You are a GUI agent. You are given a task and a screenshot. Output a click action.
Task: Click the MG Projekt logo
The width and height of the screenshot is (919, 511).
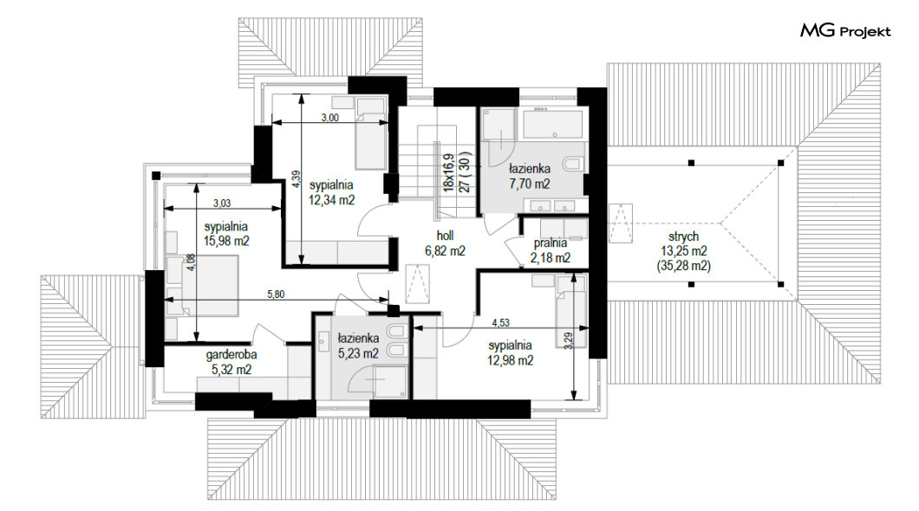point(845,29)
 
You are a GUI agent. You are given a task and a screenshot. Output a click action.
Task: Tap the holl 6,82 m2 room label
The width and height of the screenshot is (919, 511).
point(445,243)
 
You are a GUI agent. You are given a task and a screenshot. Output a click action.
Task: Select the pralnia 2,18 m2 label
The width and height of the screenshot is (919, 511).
point(551,250)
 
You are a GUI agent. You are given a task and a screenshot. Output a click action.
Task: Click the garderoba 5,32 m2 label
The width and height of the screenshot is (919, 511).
point(231,362)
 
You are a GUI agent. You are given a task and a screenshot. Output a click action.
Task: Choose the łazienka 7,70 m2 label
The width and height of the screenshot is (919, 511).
point(529,176)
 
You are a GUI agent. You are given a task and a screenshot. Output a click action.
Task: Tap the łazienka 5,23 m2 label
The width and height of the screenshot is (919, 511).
point(358,346)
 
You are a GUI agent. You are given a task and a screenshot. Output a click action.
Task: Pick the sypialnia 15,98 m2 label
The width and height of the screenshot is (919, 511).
point(225,234)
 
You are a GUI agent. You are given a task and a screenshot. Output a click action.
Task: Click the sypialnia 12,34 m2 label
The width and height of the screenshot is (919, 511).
point(331,192)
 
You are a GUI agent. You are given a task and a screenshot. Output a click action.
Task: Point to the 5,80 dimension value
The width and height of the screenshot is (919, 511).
point(276,294)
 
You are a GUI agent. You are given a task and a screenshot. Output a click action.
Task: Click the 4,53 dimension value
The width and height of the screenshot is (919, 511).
point(500,322)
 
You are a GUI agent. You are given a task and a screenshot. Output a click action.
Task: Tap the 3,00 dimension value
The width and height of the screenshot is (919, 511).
point(330,117)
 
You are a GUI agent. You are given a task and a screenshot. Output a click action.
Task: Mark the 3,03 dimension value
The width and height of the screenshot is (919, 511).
point(222,204)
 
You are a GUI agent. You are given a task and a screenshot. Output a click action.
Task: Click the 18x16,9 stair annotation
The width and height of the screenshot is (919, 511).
point(449,172)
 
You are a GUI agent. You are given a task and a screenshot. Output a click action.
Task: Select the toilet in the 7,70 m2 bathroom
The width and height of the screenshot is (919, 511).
point(572,163)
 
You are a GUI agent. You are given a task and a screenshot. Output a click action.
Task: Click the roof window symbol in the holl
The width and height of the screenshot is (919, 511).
point(417,283)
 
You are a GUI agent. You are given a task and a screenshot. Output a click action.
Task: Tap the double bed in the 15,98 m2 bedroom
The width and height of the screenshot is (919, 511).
point(202,286)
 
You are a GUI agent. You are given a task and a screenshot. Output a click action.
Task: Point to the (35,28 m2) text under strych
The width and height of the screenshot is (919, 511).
point(683,267)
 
